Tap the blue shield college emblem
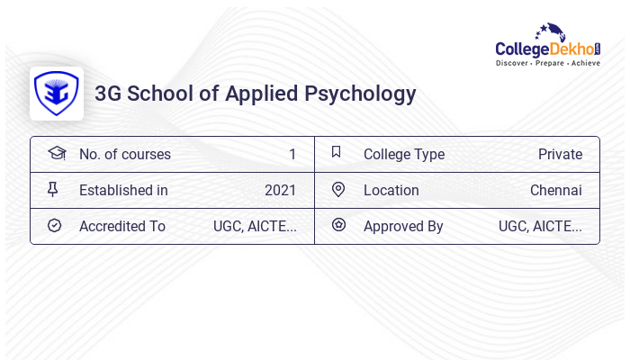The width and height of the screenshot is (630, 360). click(x=56, y=94)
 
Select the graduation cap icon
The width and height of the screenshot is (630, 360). click(x=56, y=153)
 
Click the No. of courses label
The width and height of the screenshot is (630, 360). click(x=125, y=154)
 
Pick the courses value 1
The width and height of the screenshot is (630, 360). click(x=292, y=154)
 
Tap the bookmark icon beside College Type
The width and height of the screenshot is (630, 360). click(x=337, y=152)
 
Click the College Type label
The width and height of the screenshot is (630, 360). click(x=404, y=154)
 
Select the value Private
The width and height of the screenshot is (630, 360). click(x=560, y=154)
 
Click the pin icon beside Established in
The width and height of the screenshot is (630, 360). click(x=53, y=189)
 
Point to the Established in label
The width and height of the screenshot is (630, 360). click(x=123, y=190)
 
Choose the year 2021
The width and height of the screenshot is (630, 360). click(x=280, y=190)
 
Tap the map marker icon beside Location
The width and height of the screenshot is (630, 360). click(x=338, y=189)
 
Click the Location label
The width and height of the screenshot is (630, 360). click(x=391, y=190)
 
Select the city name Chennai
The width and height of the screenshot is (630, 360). click(x=555, y=190)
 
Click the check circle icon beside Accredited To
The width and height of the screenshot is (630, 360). click(x=54, y=225)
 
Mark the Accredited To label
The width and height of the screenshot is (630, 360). click(x=122, y=226)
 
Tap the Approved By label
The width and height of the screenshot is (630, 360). click(x=403, y=226)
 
